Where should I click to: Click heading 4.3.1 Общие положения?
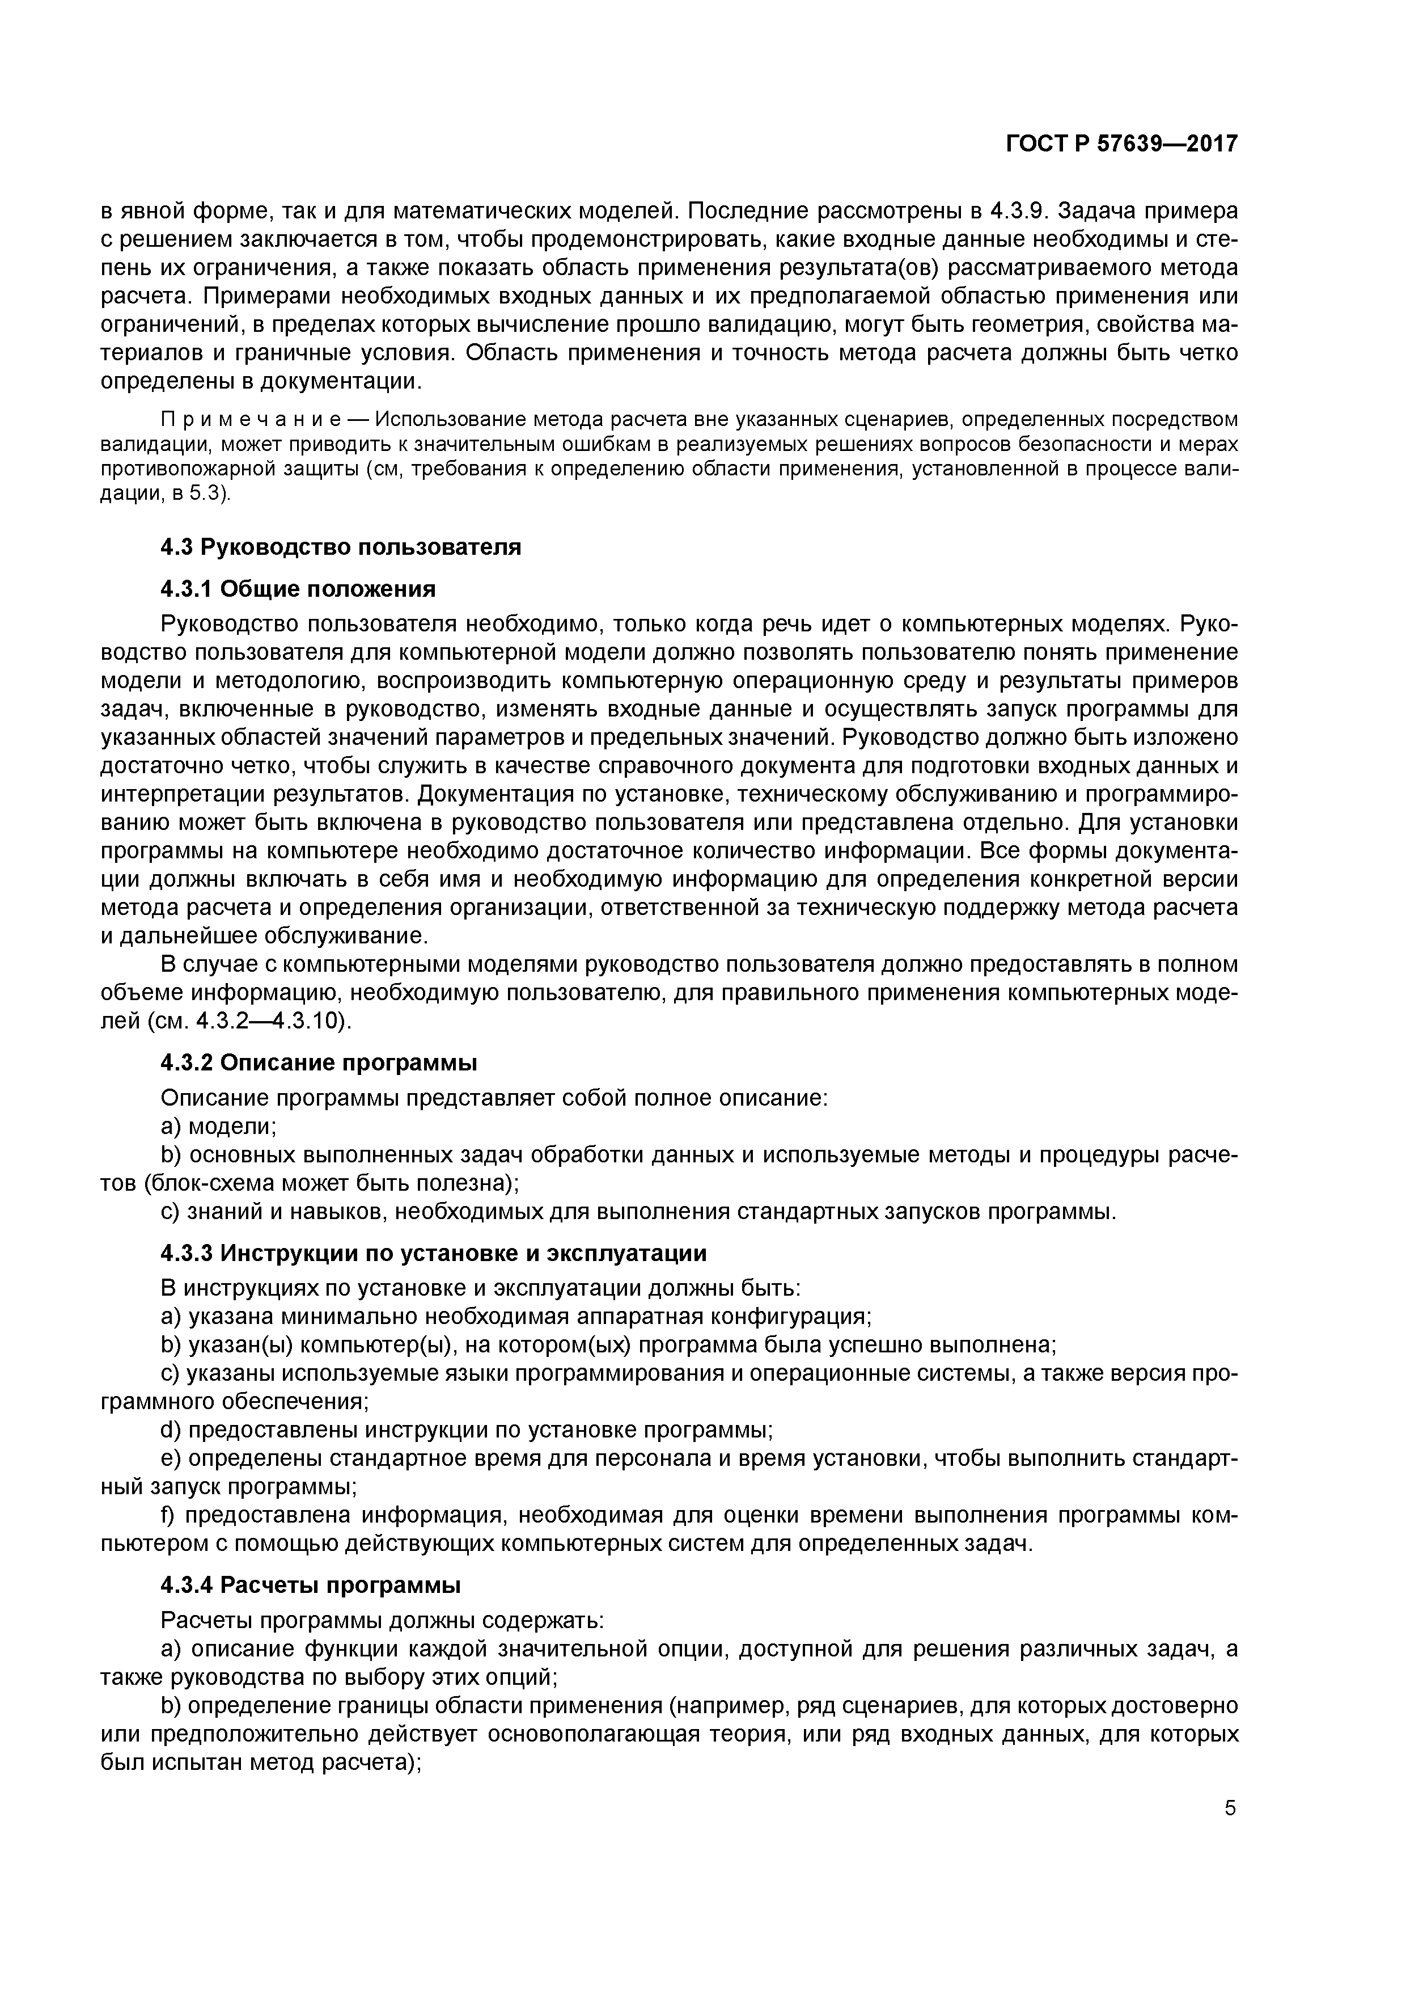click(298, 589)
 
